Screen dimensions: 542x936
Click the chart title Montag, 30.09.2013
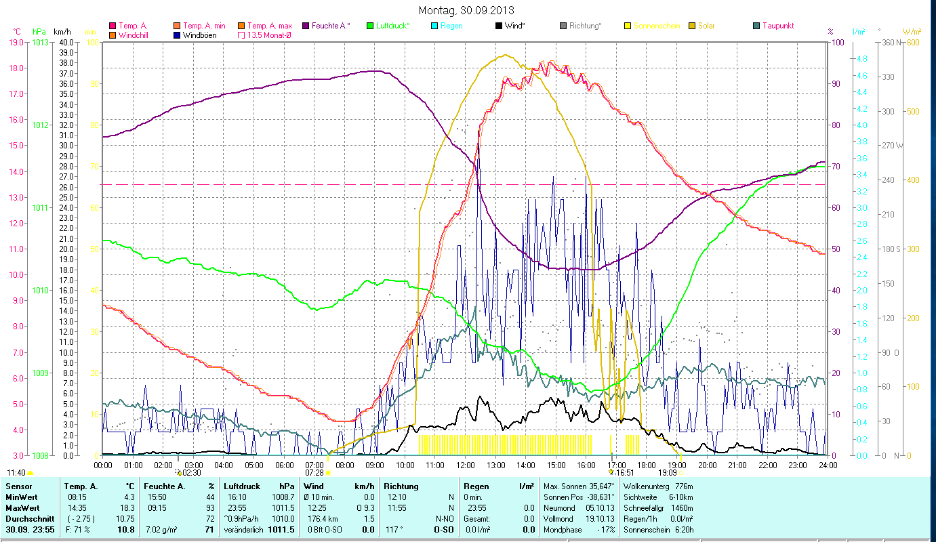[x=466, y=10]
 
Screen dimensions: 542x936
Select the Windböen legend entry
[x=199, y=35]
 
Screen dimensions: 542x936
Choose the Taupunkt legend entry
[x=777, y=26]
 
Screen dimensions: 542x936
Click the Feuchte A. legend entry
[x=330, y=26]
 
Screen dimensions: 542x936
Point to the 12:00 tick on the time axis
[x=465, y=465]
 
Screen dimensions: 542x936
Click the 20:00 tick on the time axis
[x=707, y=465]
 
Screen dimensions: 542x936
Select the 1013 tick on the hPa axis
[x=40, y=42]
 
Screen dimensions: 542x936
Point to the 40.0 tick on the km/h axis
[x=66, y=42]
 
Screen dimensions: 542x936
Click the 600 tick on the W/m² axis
[x=912, y=42]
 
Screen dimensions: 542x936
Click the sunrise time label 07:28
[x=314, y=472]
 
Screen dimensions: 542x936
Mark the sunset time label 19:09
[x=668, y=472]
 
